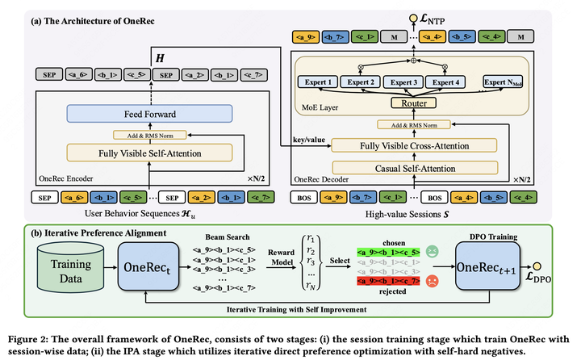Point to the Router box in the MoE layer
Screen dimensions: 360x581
click(x=419, y=103)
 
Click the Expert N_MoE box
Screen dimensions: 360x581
click(x=513, y=82)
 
